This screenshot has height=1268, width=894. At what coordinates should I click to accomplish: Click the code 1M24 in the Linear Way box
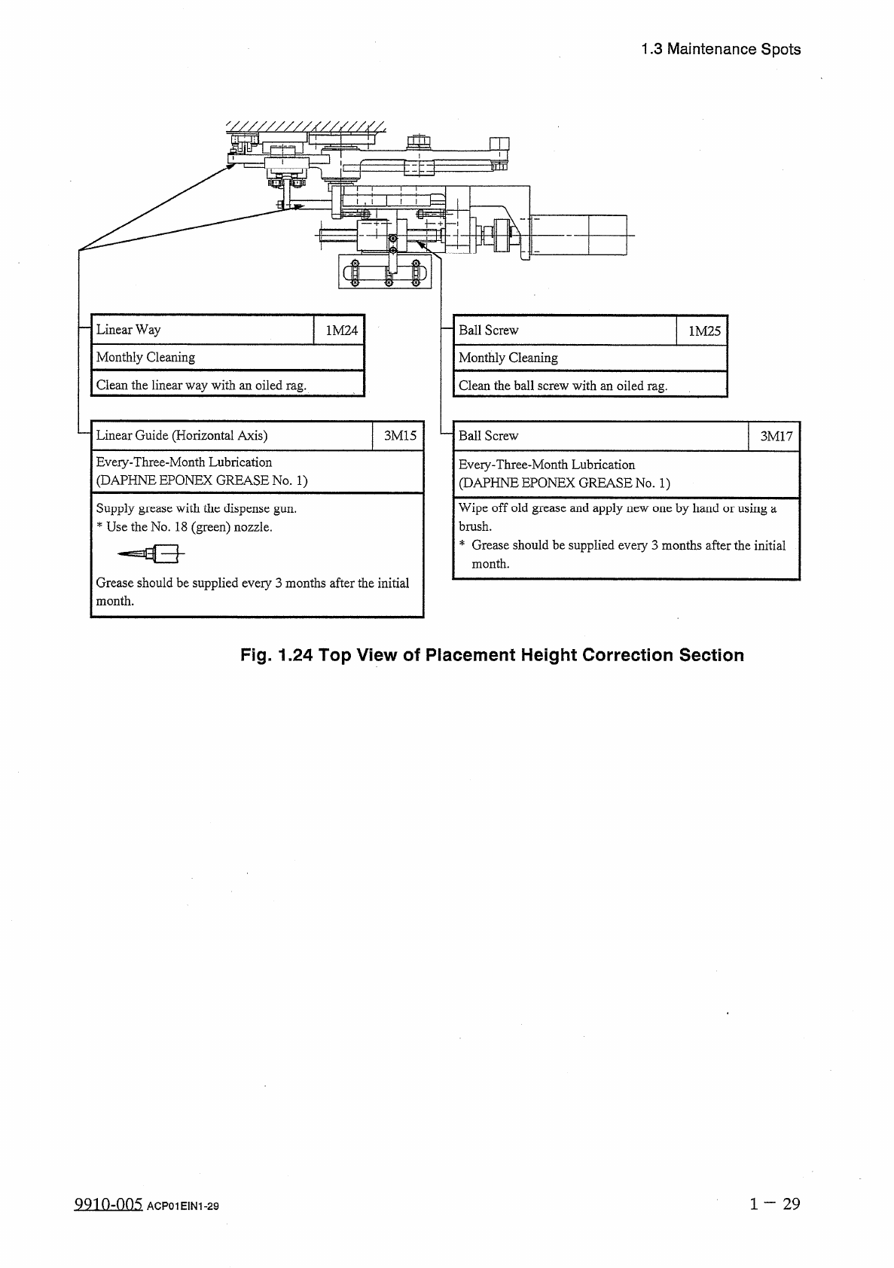click(x=341, y=330)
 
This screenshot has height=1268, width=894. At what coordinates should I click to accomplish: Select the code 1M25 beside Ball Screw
click(x=705, y=331)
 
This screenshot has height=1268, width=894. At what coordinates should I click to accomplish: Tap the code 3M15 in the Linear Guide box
click(x=400, y=435)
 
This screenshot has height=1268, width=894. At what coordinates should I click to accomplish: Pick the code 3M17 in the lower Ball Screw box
click(x=776, y=436)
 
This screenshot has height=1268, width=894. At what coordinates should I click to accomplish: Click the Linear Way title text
click(x=128, y=330)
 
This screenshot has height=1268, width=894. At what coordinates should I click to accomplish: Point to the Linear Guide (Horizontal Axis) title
click(x=182, y=435)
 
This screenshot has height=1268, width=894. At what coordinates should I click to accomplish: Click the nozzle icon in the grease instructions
click(x=151, y=555)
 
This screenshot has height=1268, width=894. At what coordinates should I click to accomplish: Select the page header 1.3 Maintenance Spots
click(x=721, y=50)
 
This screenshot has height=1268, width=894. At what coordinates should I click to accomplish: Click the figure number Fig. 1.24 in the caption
click(x=276, y=655)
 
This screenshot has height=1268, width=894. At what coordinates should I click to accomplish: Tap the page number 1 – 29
click(x=775, y=1203)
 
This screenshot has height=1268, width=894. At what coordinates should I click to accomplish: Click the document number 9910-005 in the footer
click(x=108, y=1204)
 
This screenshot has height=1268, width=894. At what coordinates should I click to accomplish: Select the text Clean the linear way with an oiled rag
click(x=201, y=386)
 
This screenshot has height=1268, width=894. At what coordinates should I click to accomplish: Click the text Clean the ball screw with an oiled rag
click(x=563, y=386)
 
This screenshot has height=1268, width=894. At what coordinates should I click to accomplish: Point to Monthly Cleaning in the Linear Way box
click(x=145, y=358)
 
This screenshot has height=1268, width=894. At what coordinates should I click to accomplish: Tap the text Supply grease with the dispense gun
click(x=196, y=508)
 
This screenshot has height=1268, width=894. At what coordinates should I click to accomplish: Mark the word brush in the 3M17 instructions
click(x=474, y=527)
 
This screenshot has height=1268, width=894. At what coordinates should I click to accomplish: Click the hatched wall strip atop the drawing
click(x=305, y=126)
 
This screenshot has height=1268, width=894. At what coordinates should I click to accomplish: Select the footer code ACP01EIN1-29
click(x=183, y=1206)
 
